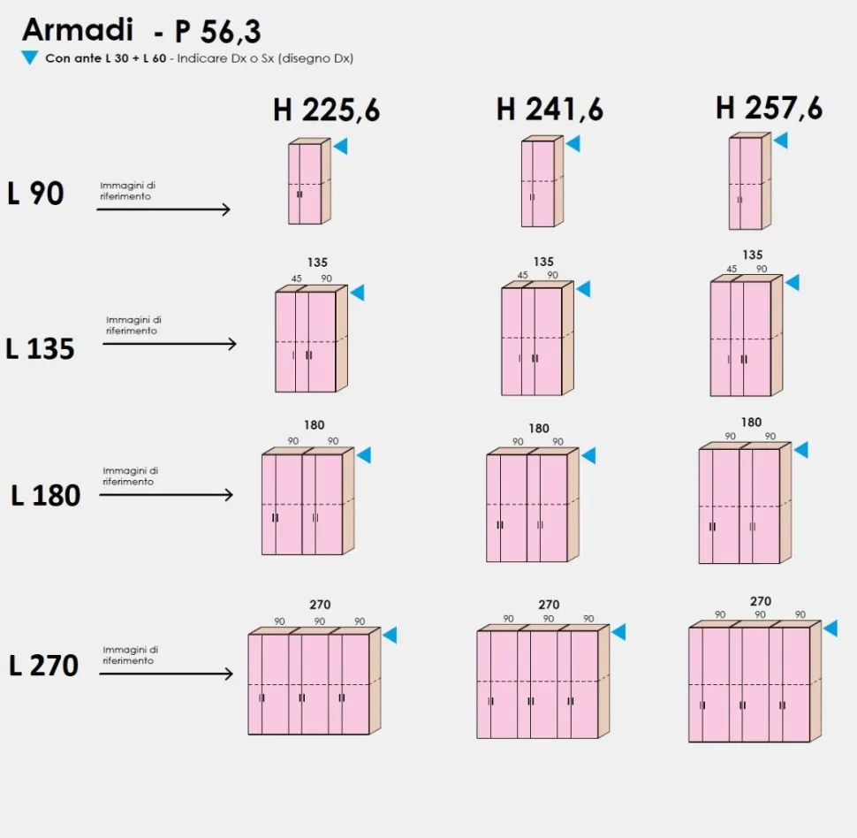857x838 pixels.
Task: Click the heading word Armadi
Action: (x=78, y=29)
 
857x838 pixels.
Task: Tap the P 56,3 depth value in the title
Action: (x=217, y=32)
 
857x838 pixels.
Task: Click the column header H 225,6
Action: (x=326, y=110)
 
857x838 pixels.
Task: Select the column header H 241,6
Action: (x=550, y=109)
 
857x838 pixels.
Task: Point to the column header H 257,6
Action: (x=769, y=107)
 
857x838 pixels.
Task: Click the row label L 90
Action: (x=35, y=193)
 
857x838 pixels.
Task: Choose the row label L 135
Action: (x=40, y=348)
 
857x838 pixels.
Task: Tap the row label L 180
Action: (x=46, y=496)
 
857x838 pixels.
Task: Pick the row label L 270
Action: (x=43, y=665)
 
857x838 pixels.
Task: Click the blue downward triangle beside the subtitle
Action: (x=29, y=57)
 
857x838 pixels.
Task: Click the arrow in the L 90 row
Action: (x=163, y=209)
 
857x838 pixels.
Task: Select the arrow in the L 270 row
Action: (x=166, y=674)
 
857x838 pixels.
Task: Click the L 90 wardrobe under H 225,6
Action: (x=309, y=181)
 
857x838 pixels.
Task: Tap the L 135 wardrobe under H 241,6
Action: (x=537, y=338)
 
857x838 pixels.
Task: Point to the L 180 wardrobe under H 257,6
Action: (x=745, y=503)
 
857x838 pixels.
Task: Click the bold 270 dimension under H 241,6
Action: (x=549, y=605)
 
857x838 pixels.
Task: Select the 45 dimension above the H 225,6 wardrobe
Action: (x=296, y=278)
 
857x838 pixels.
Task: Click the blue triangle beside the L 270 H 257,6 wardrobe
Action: (x=830, y=628)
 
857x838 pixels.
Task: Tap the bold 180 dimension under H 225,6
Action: (x=315, y=425)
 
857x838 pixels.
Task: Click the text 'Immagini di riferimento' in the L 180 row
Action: (x=130, y=476)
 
